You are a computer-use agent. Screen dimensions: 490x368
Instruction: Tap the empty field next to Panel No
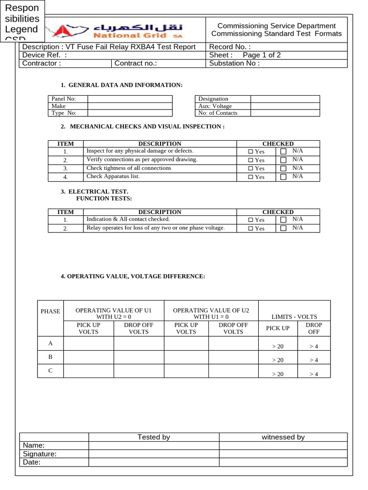pyautogui.click(x=129, y=99)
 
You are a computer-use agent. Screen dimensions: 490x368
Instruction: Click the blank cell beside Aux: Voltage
pyautogui.click(x=285, y=106)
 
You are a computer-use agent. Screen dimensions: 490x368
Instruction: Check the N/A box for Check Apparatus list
pyautogui.click(x=283, y=177)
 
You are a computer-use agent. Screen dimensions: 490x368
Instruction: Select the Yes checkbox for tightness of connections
pyautogui.click(x=251, y=168)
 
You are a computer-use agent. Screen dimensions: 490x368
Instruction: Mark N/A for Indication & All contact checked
pyautogui.click(x=283, y=220)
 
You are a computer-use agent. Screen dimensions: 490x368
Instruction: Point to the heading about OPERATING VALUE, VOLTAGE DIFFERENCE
pyautogui.click(x=133, y=277)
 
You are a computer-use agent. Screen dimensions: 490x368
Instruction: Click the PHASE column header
pyautogui.click(x=50, y=311)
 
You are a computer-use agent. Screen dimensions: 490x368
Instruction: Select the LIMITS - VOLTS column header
pyautogui.click(x=294, y=317)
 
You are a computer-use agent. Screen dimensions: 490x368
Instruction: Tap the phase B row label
pyautogui.click(x=50, y=357)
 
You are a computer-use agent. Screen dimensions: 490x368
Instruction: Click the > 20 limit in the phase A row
pyautogui.click(x=278, y=346)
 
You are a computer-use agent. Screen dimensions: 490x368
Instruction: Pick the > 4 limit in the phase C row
pyautogui.click(x=314, y=375)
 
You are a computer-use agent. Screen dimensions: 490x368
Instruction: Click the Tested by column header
pyautogui.click(x=154, y=437)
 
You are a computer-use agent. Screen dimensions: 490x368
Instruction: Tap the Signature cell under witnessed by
pyautogui.click(x=283, y=454)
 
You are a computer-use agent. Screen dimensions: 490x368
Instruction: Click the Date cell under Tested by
pyautogui.click(x=154, y=463)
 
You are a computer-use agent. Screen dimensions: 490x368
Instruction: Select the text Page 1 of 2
pyautogui.click(x=262, y=55)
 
